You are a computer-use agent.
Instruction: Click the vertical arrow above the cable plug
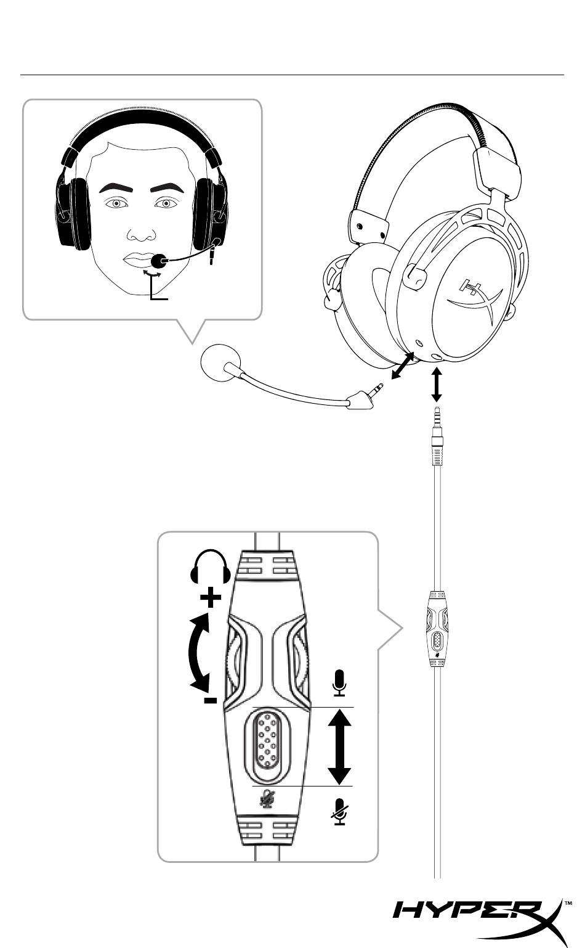(437, 385)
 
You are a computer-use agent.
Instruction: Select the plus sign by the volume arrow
(211, 597)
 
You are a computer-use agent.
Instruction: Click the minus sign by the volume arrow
(211, 700)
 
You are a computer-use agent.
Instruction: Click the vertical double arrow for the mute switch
(338, 746)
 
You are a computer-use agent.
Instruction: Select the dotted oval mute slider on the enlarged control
(267, 745)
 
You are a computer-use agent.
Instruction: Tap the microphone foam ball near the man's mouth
(159, 261)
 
